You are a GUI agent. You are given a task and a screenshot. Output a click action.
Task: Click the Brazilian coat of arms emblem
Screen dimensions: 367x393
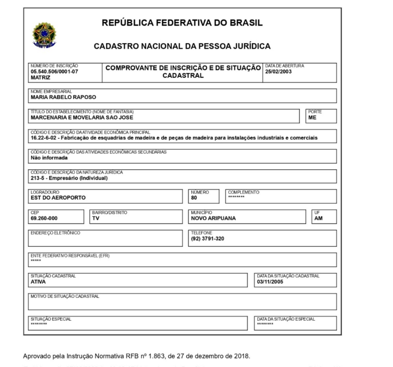[44, 35]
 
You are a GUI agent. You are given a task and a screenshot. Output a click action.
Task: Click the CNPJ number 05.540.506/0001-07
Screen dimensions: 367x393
[54, 72]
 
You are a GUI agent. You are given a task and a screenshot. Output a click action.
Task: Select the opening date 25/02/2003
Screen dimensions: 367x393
[278, 72]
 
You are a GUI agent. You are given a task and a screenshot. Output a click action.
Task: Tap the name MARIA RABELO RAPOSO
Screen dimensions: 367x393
[64, 97]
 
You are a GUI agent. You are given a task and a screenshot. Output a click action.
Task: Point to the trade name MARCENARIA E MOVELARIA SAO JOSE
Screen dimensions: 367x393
[82, 118]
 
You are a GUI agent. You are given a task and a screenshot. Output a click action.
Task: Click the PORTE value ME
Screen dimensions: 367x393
[312, 118]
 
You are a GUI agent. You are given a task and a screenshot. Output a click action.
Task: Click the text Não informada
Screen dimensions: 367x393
[49, 158]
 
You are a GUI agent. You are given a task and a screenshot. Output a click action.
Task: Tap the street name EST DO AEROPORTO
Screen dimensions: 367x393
[58, 198]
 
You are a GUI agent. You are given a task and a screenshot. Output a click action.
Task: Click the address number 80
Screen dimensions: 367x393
[194, 198]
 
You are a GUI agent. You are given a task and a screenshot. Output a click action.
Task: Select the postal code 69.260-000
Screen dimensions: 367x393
[44, 218]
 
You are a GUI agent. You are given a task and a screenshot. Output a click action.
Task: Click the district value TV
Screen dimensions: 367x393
[96, 218]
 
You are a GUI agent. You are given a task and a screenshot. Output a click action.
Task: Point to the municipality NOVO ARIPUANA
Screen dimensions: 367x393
[213, 218]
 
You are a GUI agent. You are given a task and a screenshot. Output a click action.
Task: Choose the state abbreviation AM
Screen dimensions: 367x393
[318, 218]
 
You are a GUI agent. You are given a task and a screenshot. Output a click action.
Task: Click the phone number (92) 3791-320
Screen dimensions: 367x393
[208, 239]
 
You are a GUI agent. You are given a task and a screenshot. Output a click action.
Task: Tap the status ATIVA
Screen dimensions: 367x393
[38, 282]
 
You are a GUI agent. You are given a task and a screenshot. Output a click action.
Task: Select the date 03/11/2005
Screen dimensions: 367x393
[270, 282]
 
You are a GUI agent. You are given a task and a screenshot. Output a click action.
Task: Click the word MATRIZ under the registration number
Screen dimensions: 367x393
[41, 78]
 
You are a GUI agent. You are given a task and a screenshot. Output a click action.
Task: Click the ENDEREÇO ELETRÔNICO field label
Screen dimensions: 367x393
[55, 233]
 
